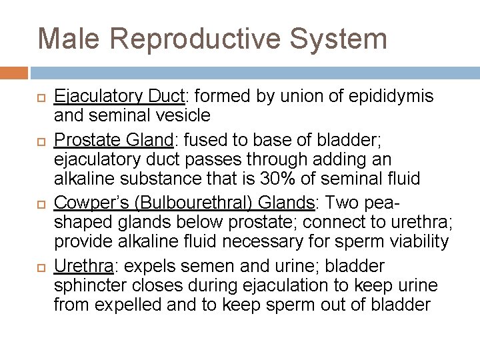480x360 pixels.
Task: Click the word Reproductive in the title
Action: pyautogui.click(x=197, y=39)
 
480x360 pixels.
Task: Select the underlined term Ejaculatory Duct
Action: pyautogui.click(x=119, y=97)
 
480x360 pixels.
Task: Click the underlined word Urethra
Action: pyautogui.click(x=84, y=267)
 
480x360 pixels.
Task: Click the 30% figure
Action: pyautogui.click(x=273, y=179)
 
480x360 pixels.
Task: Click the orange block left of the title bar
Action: pyautogui.click(x=14, y=73)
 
